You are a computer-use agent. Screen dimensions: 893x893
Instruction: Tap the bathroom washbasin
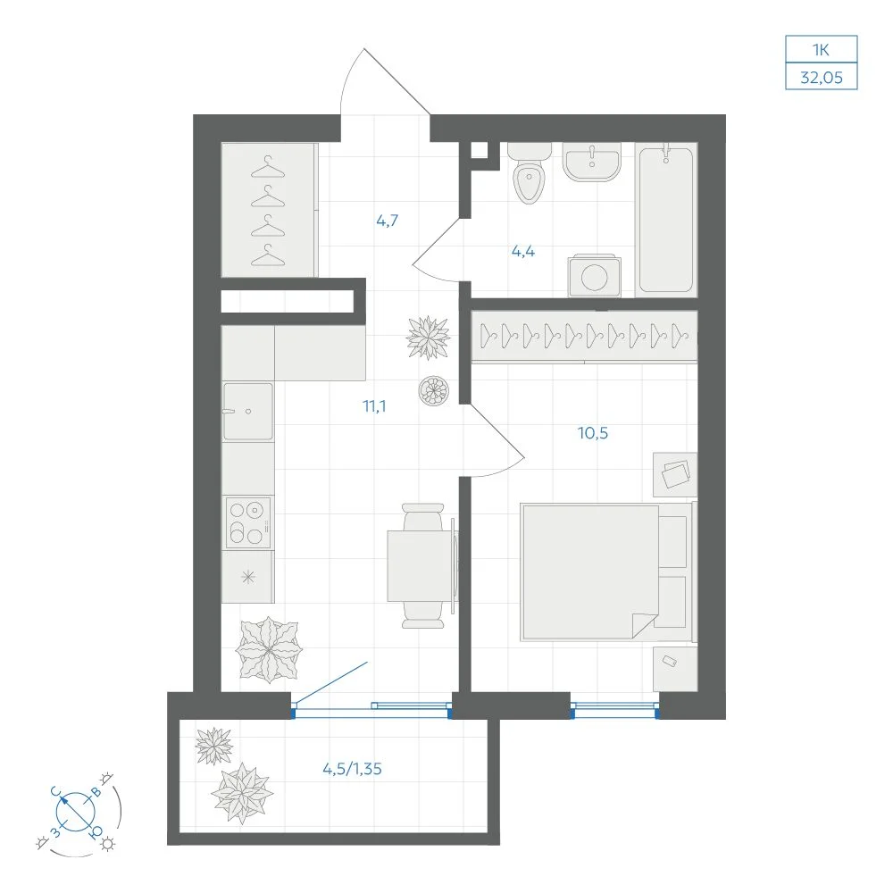[592, 162]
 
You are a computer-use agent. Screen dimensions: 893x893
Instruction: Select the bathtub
[666, 220]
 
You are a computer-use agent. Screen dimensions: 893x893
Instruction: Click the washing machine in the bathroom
[595, 276]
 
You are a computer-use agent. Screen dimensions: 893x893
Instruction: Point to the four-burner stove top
[247, 522]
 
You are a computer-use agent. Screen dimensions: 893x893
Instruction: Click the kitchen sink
[247, 411]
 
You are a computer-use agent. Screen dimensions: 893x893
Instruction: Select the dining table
[421, 565]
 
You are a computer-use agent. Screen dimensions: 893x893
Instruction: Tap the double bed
[607, 572]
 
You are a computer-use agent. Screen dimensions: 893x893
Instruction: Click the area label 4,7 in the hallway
[388, 220]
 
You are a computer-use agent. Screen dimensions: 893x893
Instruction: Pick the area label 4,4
[522, 251]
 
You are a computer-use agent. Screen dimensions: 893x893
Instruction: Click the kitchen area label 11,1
[374, 406]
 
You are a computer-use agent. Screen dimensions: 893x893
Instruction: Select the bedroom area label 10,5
[593, 433]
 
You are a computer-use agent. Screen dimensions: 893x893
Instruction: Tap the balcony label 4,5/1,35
[352, 769]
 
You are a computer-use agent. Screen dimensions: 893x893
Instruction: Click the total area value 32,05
[822, 78]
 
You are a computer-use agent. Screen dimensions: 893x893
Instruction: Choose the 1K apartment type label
[822, 50]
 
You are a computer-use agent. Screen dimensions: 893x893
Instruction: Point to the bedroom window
[615, 710]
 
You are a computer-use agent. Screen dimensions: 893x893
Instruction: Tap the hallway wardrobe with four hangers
[268, 210]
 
